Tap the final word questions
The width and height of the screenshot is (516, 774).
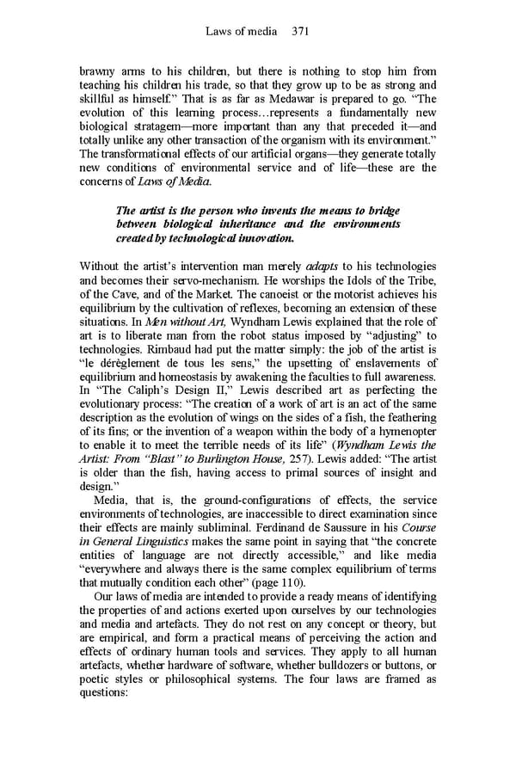(x=103, y=693)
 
